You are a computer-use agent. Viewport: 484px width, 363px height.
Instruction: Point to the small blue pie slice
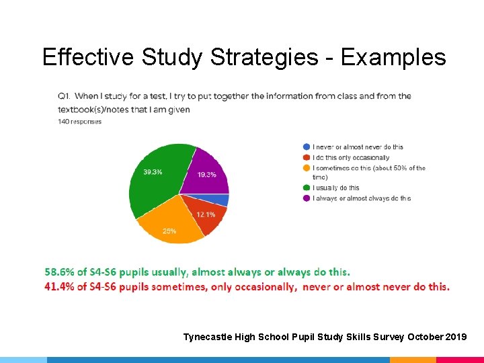coord(222,200)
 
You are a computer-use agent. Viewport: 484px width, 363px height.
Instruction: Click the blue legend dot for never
coord(307,147)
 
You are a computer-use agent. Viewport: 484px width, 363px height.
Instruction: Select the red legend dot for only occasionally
coord(307,157)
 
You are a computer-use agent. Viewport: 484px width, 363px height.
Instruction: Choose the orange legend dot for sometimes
coord(307,167)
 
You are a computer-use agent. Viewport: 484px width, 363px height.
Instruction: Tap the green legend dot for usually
coord(307,188)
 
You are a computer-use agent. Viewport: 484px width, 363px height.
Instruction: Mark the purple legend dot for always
coord(307,198)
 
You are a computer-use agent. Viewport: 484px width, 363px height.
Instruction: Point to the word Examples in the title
coord(393,58)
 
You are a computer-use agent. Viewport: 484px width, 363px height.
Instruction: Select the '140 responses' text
coord(79,122)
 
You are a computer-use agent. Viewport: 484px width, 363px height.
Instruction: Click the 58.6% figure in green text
coord(59,272)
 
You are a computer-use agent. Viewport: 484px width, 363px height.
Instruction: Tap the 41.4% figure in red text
coord(59,286)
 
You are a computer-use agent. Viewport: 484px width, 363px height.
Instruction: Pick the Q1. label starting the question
coord(65,96)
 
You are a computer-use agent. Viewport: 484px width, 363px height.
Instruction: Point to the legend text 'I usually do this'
coord(336,188)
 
